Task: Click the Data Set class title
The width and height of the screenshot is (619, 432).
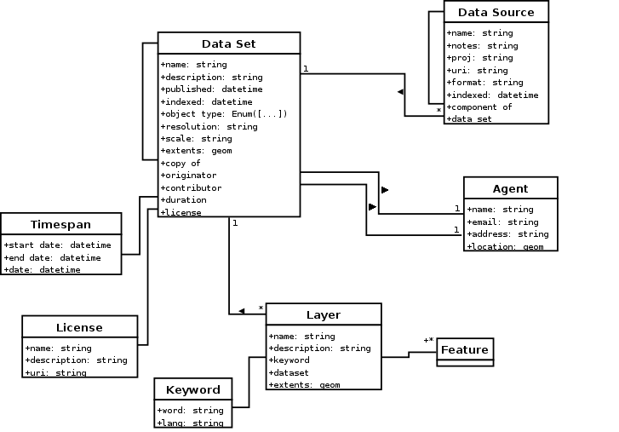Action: click(228, 44)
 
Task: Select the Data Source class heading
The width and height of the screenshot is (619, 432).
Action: click(496, 12)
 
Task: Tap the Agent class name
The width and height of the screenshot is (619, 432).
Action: click(510, 188)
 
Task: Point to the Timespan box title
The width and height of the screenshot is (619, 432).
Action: click(60, 225)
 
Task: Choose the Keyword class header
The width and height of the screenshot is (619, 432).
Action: click(193, 389)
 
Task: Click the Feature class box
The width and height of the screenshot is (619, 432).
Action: click(465, 350)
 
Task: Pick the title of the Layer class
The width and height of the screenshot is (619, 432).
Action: click(323, 314)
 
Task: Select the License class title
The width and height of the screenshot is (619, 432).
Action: click(79, 327)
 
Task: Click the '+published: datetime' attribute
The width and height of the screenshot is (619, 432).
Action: click(211, 89)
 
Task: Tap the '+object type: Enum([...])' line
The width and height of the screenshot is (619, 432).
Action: click(223, 113)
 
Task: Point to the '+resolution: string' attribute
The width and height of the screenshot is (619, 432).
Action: click(209, 126)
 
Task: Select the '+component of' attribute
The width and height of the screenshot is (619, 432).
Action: click(479, 107)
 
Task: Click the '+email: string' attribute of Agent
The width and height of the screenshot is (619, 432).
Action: click(502, 222)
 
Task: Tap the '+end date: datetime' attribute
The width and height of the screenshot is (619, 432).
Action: click(52, 257)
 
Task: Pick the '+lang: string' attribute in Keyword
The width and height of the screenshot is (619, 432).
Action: click(189, 423)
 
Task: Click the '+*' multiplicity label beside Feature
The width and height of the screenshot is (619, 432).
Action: click(428, 341)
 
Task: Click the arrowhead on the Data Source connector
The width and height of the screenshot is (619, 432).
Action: click(399, 90)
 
